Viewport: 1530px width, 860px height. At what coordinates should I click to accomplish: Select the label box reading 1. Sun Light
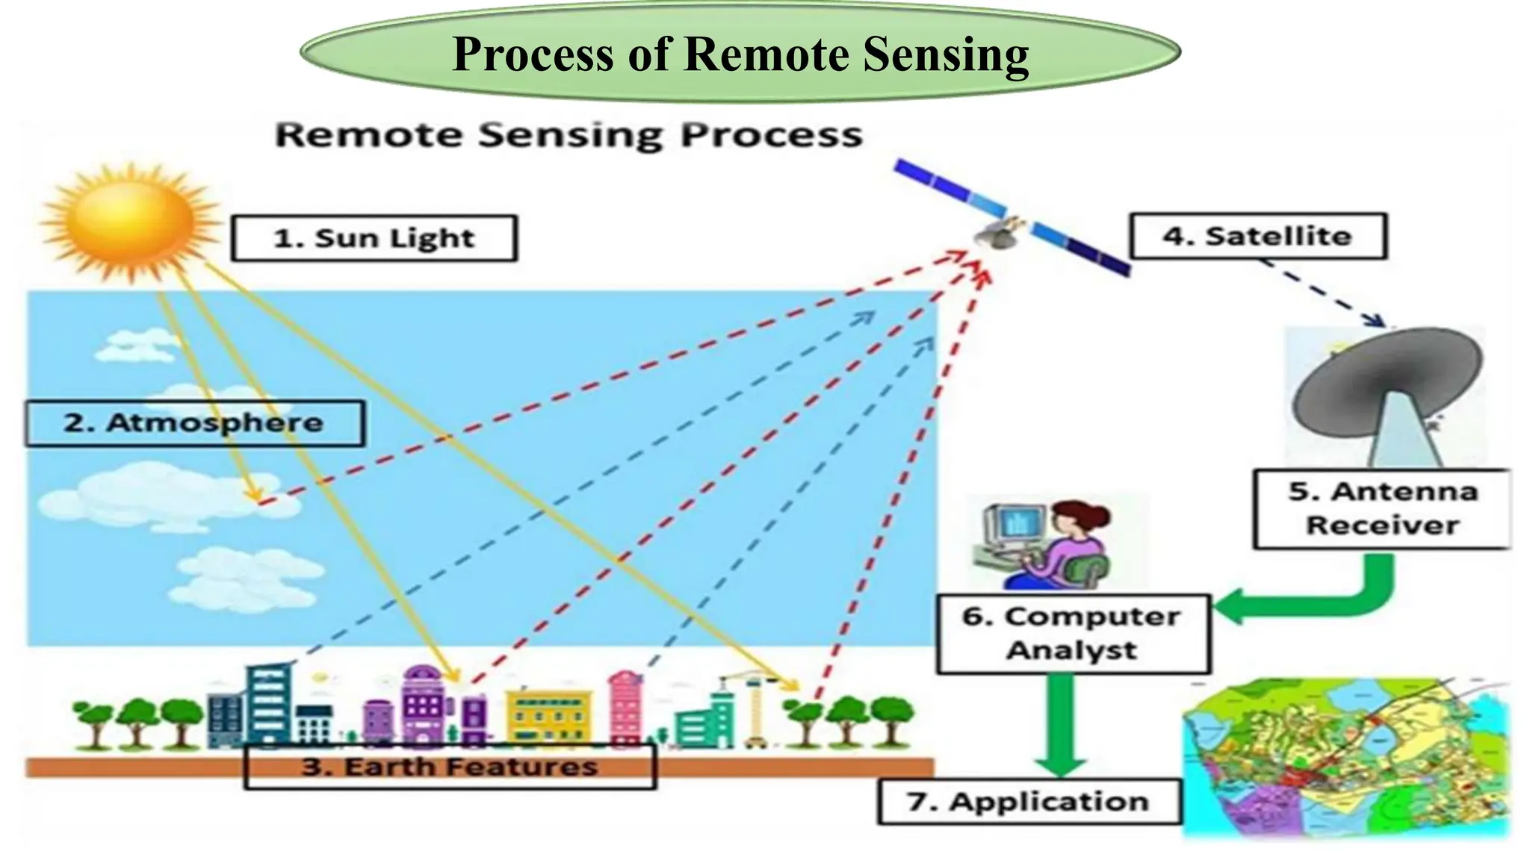[374, 239]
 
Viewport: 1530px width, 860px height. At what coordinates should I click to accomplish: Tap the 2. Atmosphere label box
[194, 423]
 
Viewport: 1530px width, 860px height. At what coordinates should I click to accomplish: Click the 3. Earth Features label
[450, 767]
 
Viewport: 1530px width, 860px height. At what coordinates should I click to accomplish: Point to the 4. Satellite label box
[1258, 237]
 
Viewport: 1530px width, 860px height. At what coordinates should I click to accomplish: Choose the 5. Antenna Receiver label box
[1382, 509]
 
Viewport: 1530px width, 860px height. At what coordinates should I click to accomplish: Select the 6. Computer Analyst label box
[1073, 634]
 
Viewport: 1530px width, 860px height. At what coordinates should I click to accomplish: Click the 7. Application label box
[1029, 802]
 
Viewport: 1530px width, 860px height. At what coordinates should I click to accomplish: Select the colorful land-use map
[1345, 758]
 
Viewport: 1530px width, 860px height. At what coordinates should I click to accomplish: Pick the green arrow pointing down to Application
[1061, 728]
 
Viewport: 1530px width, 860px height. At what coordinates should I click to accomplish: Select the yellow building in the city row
[549, 717]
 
